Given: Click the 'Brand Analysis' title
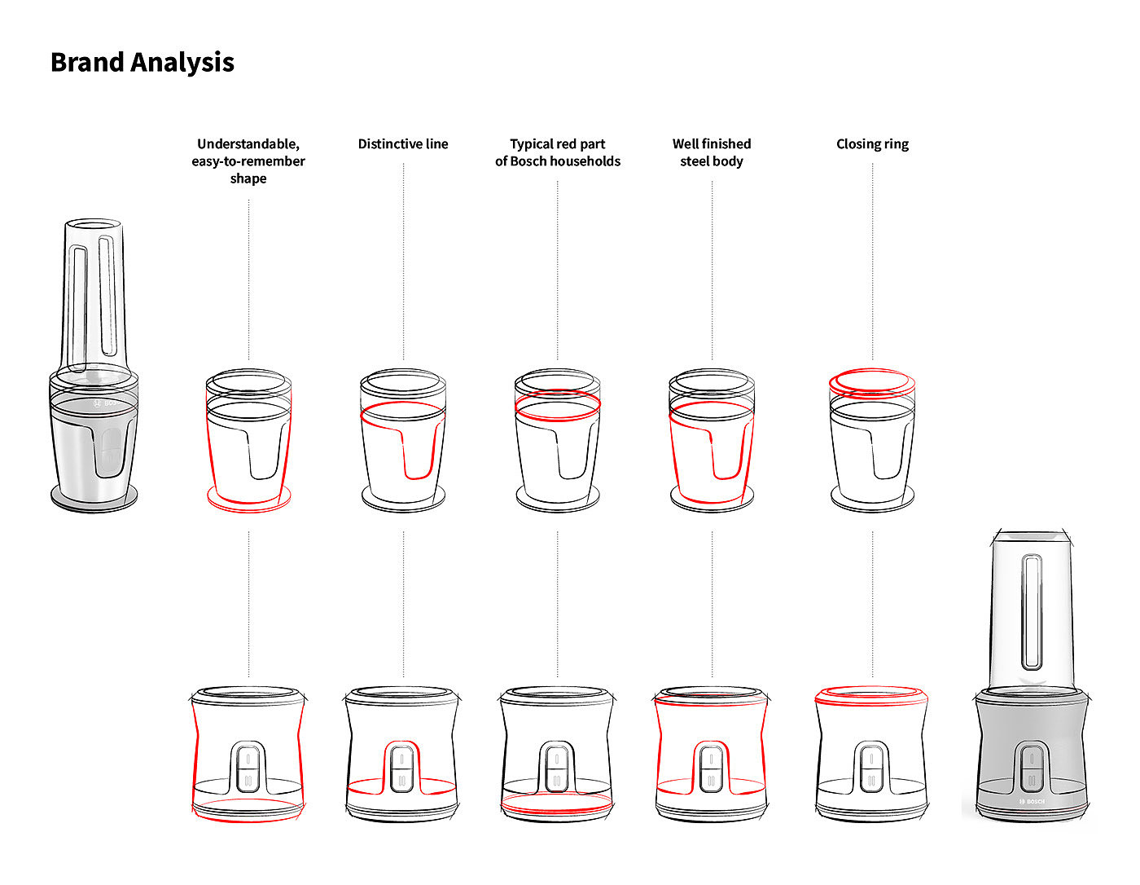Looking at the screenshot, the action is pos(142,62).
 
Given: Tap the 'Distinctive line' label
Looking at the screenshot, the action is pos(403,144).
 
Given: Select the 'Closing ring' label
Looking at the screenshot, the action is pos(872,144).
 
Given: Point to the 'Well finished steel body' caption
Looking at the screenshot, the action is pos(712,152).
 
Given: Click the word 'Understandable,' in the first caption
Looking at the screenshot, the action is pos(248,144).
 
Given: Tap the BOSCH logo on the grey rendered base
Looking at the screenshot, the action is pos(1032,802).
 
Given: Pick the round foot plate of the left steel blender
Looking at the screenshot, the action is pos(94,496).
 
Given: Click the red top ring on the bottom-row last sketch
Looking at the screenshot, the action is pos(872,694).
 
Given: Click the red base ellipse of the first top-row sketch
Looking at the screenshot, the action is pos(248,499).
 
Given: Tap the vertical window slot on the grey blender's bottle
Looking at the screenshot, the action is pos(1033,611).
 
